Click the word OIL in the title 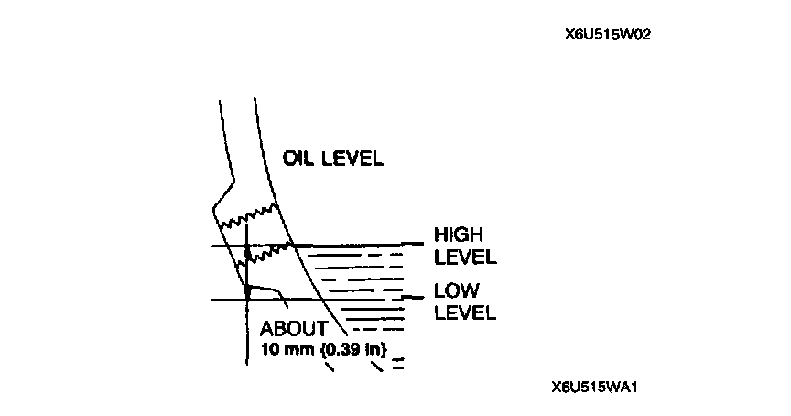tap(298, 158)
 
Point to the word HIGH tap(459, 235)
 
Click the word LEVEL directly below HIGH tap(465, 257)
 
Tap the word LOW tap(454, 291)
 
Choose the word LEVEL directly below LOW tap(465, 312)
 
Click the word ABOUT tap(293, 329)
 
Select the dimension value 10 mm tap(287, 349)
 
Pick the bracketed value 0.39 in tap(355, 349)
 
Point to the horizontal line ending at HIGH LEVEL tap(366, 245)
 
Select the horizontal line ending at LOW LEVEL tap(366, 299)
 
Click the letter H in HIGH tap(440, 235)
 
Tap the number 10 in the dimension tap(269, 349)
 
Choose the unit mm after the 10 tap(297, 349)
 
